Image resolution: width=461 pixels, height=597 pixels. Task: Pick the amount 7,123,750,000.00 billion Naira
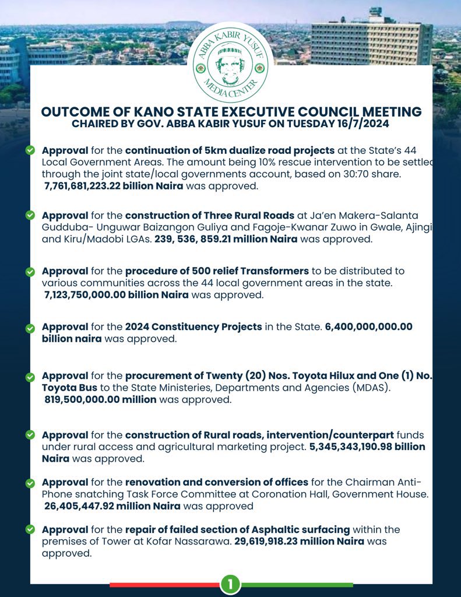pyautogui.click(x=117, y=295)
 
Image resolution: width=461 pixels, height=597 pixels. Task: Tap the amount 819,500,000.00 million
pyautogui.click(x=100, y=399)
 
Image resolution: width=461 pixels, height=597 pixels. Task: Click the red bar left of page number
pyautogui.click(x=164, y=584)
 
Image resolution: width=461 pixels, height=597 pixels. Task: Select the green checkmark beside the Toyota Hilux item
pyautogui.click(x=30, y=378)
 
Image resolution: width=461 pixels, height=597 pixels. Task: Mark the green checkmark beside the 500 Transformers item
pyautogui.click(x=30, y=272)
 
